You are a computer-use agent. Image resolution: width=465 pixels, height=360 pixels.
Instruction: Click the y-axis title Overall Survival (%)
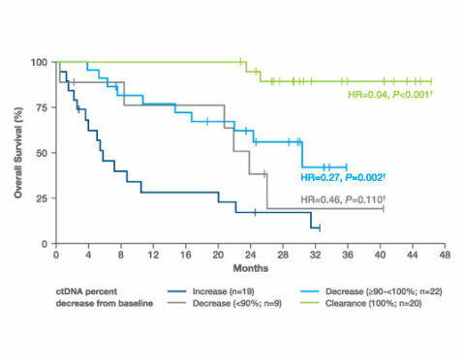click(x=17, y=153)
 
